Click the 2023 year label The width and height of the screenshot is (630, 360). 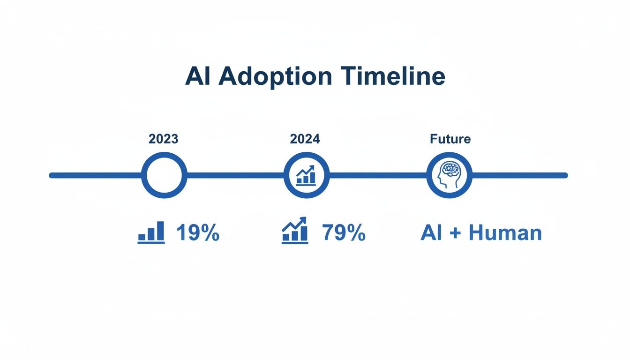(x=164, y=139)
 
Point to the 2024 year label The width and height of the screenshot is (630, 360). (x=305, y=139)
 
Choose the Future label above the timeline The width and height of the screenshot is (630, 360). (x=450, y=139)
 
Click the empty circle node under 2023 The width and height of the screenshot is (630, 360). (x=164, y=175)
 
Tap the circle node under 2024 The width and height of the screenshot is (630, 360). (x=307, y=175)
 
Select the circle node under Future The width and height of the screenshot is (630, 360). (x=450, y=175)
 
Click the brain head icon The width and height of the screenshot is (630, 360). (x=449, y=175)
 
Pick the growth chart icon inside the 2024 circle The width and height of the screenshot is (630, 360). (x=307, y=175)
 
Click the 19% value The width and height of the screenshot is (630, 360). (x=198, y=233)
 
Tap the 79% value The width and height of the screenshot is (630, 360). (x=344, y=233)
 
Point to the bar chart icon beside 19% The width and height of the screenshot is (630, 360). (x=151, y=232)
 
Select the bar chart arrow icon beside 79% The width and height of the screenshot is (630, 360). (x=295, y=231)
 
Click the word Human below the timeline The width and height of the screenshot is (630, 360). (x=505, y=233)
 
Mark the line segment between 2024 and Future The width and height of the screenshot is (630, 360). (x=378, y=175)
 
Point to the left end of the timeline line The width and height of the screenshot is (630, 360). (x=52, y=175)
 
